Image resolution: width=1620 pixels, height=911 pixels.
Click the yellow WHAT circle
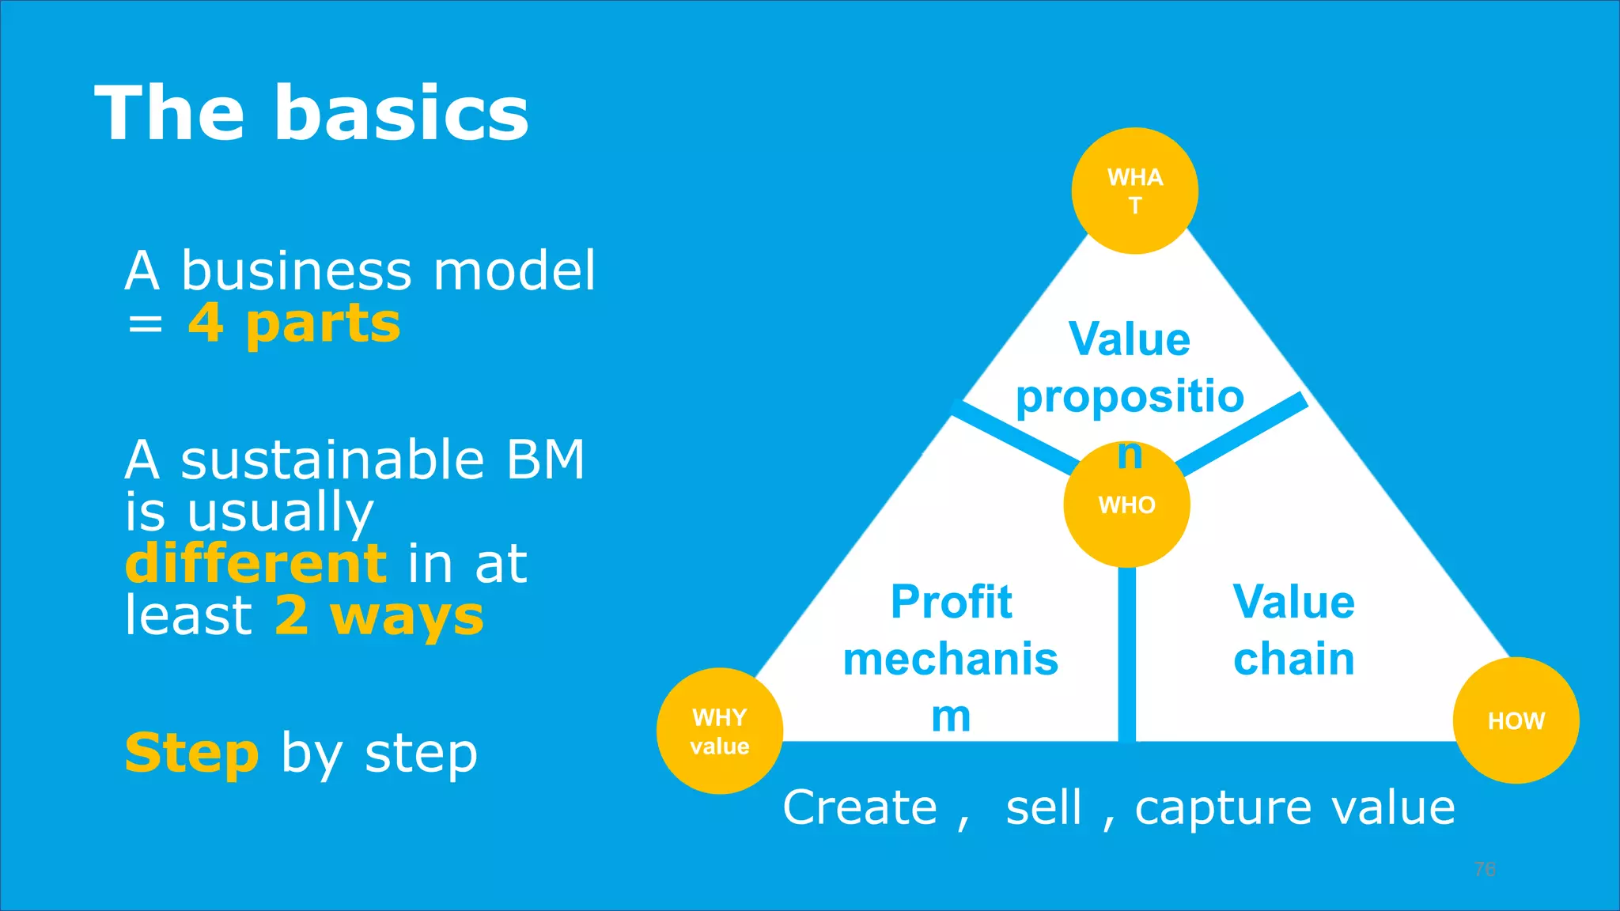point(1134,191)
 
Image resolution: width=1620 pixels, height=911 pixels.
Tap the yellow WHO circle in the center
point(1126,505)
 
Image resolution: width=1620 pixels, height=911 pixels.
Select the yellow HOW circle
point(1516,720)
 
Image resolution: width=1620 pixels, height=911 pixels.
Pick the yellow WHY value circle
point(719,731)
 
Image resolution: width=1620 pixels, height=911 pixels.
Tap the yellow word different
point(255,563)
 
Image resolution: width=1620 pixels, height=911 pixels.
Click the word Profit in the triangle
point(951,602)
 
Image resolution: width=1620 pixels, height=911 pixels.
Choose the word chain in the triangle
point(1293,659)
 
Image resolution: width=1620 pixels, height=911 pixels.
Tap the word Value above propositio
point(1129,339)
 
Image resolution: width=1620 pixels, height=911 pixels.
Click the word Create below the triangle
point(860,807)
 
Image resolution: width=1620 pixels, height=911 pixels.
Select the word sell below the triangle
point(1043,807)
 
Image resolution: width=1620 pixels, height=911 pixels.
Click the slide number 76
point(1485,869)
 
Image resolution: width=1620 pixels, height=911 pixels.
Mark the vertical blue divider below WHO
point(1126,656)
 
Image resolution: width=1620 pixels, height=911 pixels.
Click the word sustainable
point(332,459)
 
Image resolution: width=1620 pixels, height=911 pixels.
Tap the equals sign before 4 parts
point(146,324)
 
